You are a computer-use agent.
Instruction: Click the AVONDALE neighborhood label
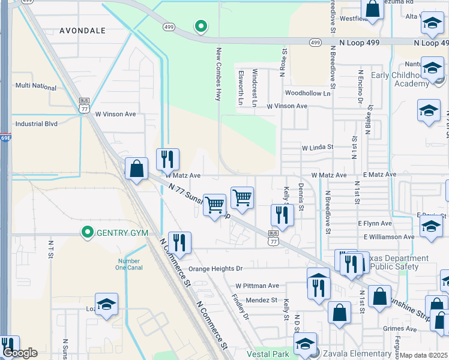[82, 30]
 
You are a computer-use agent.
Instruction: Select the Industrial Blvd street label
[36, 124]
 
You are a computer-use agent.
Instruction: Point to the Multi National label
[36, 86]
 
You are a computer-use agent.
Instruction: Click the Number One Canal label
[128, 264]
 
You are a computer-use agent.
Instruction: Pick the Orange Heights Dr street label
[214, 269]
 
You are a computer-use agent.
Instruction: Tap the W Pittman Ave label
[257, 286]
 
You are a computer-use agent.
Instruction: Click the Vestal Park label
[264, 353]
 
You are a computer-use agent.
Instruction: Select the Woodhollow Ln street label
[307, 94]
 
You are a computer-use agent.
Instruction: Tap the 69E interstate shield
[5, 137]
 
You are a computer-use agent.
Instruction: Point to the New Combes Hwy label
[219, 74]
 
